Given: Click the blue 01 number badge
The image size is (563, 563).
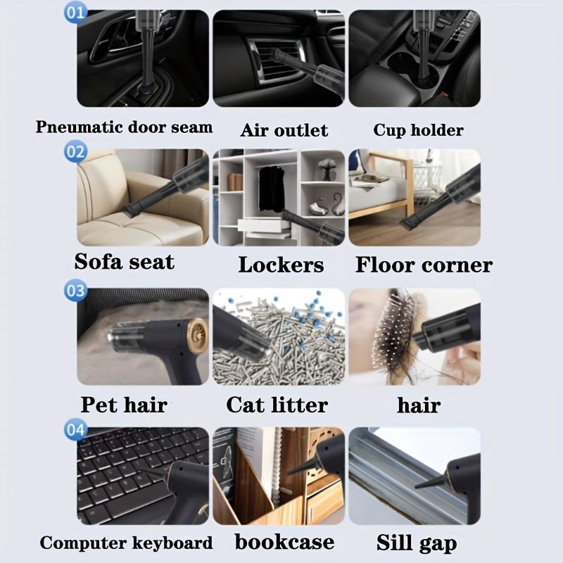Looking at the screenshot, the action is [x=75, y=13].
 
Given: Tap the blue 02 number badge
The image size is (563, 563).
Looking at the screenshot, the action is [x=75, y=151].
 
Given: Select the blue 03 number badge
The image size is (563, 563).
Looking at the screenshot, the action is [x=75, y=290].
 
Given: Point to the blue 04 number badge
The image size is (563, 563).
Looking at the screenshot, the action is [x=75, y=429].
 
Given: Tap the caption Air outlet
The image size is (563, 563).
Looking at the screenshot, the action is [x=284, y=129].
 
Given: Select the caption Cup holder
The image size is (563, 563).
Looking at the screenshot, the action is [x=418, y=130].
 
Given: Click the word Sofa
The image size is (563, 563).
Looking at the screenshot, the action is [x=98, y=261].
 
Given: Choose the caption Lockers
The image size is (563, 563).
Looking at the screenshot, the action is [x=281, y=265].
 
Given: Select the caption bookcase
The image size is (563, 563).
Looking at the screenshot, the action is [x=284, y=541].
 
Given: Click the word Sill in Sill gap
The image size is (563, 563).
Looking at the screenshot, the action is [x=394, y=542].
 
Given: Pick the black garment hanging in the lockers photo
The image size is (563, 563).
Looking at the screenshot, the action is [x=272, y=189].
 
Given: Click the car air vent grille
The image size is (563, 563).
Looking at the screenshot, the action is [x=277, y=61].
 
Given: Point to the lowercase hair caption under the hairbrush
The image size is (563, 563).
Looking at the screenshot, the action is [x=419, y=405].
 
